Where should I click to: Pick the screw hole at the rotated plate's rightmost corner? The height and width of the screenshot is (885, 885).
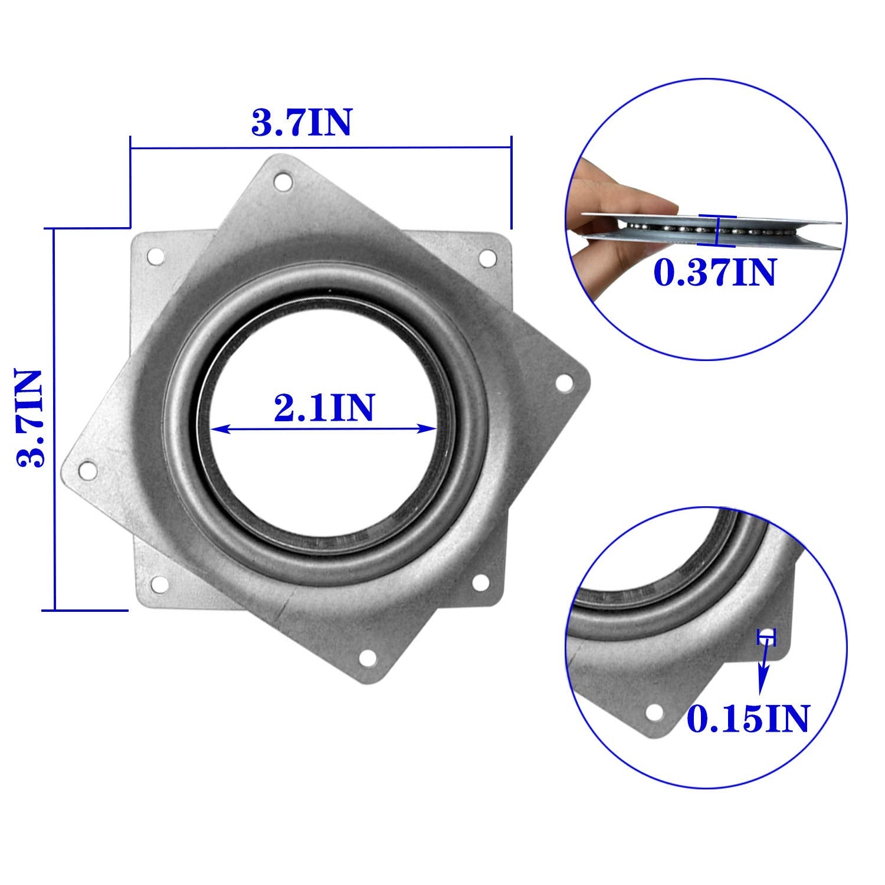click(564, 383)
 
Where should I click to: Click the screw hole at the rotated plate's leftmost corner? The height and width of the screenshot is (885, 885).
click(88, 470)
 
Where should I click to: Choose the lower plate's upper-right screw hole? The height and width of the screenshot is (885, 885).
click(487, 257)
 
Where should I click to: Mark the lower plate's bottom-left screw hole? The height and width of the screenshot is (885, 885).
click(158, 584)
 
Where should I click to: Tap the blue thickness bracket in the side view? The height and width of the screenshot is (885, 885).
click(716, 230)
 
